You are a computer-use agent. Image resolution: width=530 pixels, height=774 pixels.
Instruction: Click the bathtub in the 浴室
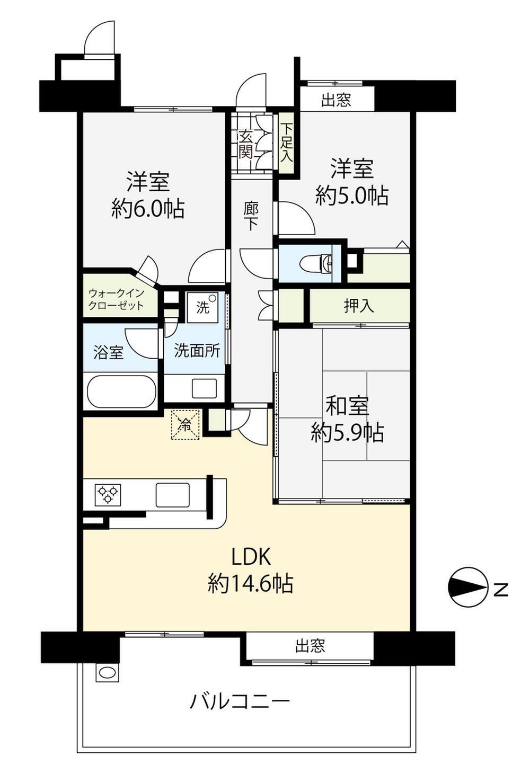point(121,391)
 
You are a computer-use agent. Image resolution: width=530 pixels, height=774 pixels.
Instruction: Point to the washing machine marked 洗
point(204,307)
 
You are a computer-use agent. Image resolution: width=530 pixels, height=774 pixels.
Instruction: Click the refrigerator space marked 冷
point(185,425)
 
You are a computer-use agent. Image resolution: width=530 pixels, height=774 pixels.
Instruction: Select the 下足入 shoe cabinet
point(287,144)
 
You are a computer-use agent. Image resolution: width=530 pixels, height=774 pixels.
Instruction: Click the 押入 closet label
point(359,306)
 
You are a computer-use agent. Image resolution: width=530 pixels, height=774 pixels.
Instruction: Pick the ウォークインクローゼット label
point(116,299)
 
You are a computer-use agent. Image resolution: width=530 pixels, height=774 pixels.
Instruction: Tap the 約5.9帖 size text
point(347,432)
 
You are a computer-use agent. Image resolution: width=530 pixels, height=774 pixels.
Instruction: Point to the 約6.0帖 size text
point(148,208)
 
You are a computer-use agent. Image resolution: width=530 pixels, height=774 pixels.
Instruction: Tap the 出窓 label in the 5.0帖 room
point(337,100)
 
